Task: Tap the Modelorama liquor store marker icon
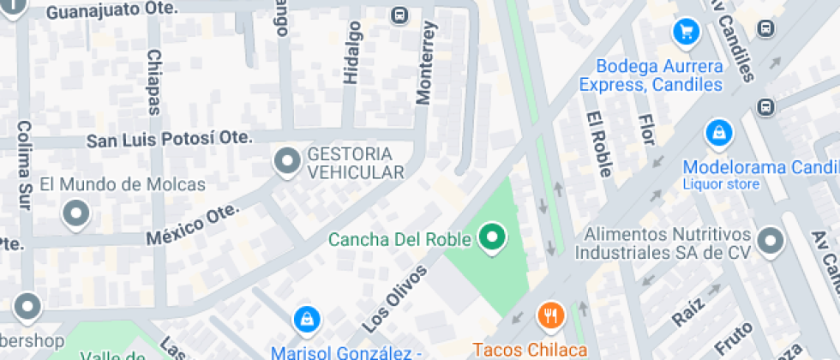tap(717, 134)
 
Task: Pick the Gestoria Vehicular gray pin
tap(286, 161)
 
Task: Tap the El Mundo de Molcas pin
tap(77, 213)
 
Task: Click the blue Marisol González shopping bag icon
tap(304, 321)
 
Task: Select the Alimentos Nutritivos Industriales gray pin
tap(771, 241)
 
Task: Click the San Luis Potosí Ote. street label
tap(170, 138)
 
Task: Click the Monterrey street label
tap(426, 63)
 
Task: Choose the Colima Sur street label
tap(23, 164)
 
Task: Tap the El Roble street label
tap(598, 144)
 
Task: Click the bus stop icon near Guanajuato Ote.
tap(399, 15)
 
